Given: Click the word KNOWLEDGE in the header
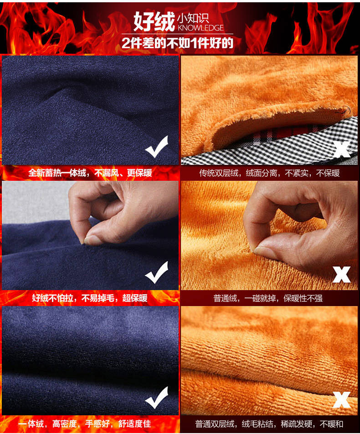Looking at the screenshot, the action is (201, 28).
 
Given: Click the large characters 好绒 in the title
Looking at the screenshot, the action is (154, 21).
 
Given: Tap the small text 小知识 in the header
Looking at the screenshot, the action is (193, 18).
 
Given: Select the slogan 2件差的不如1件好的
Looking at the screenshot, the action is (178, 43).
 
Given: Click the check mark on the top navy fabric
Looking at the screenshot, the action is (157, 147).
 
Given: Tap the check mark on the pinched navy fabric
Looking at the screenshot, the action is (157, 272).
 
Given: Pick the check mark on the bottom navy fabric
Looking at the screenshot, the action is (157, 398).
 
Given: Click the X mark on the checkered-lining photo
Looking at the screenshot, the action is (342, 149).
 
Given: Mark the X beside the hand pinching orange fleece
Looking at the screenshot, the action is (342, 275).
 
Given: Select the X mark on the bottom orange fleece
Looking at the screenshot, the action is (342, 400).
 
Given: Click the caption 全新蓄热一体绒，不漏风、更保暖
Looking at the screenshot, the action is (90, 173).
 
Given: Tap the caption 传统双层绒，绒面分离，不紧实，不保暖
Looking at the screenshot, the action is (269, 173).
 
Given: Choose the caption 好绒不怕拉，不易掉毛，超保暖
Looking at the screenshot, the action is (90, 298).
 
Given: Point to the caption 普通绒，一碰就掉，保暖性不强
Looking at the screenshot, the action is (268, 298).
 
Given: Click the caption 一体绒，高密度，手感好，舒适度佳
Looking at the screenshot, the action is (85, 424).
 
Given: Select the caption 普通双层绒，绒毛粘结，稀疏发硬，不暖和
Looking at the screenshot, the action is (269, 424).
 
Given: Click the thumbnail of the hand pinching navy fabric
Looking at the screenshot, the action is (90, 235).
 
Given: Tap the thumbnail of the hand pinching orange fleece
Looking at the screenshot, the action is (269, 235).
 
